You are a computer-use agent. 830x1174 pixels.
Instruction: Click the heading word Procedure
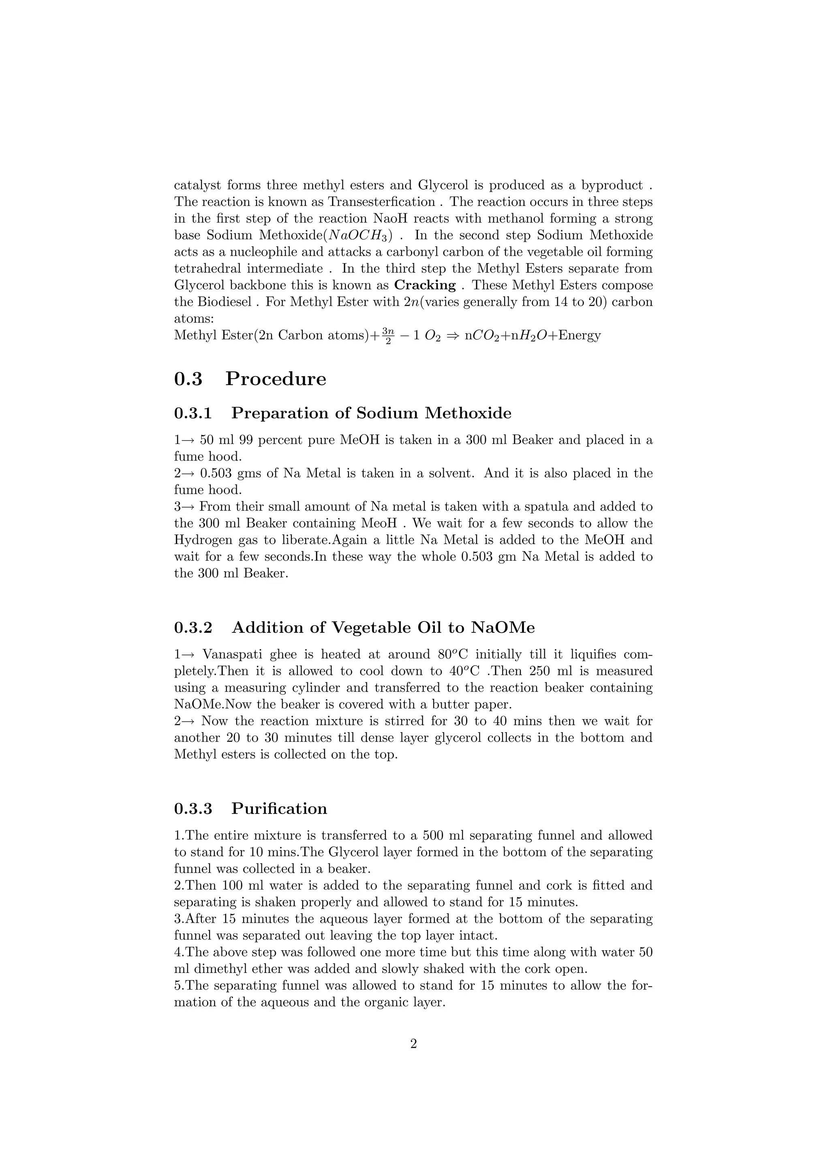point(276,379)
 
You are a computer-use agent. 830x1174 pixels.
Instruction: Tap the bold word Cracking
point(425,285)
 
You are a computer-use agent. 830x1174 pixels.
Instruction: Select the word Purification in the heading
point(279,808)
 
